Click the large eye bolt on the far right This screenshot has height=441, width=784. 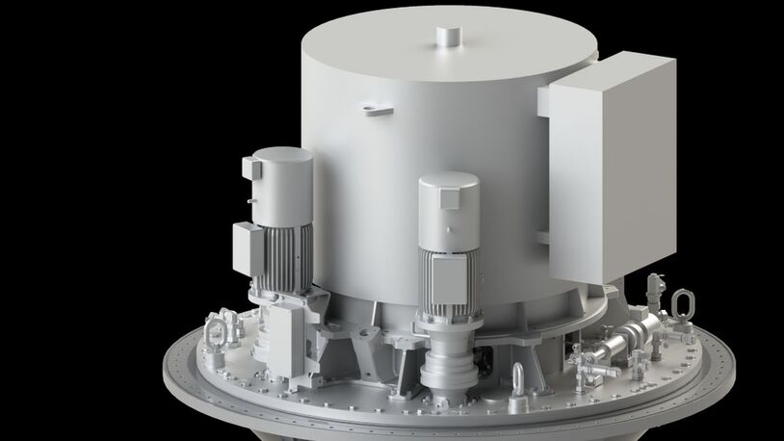(x=683, y=305)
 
